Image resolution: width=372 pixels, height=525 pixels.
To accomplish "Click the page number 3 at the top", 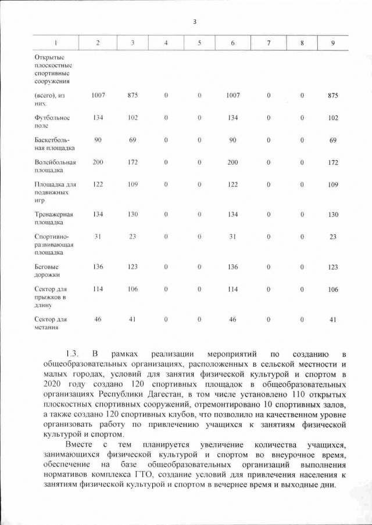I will click(x=195, y=22).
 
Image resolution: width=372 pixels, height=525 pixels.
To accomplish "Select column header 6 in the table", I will click(x=233, y=44).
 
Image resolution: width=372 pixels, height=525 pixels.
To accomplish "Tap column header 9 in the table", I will click(x=332, y=44).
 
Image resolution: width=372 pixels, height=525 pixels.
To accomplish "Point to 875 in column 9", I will click(x=332, y=95).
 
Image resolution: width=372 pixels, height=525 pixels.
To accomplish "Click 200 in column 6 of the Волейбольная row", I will click(x=233, y=162).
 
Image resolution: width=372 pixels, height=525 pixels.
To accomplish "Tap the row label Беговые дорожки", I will click(x=48, y=270).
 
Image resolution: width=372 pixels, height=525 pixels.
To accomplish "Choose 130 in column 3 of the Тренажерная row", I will click(x=133, y=215).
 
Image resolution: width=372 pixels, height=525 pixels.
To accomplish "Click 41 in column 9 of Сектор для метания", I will click(x=332, y=319).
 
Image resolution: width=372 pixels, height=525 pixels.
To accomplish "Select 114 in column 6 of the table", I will click(x=233, y=289).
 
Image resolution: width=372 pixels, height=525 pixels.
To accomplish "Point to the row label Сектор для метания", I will click(x=51, y=323).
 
